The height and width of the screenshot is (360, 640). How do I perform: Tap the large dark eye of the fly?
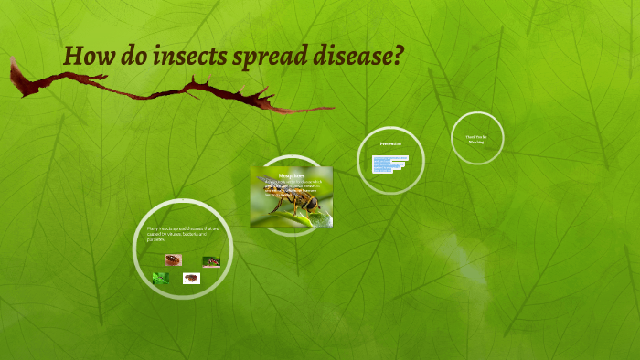pyautogui.click(x=313, y=203)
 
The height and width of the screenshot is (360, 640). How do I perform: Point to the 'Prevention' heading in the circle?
pyautogui.click(x=390, y=144)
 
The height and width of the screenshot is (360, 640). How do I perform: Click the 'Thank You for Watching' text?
pyautogui.click(x=477, y=139)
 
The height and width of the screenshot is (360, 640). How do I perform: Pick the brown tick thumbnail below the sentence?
pyautogui.click(x=172, y=259)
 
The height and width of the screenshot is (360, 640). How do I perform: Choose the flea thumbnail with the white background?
pyautogui.click(x=191, y=278)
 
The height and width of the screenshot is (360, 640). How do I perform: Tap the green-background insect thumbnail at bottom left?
pyautogui.click(x=161, y=278)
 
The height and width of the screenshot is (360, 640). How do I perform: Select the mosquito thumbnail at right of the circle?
pyautogui.click(x=211, y=261)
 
